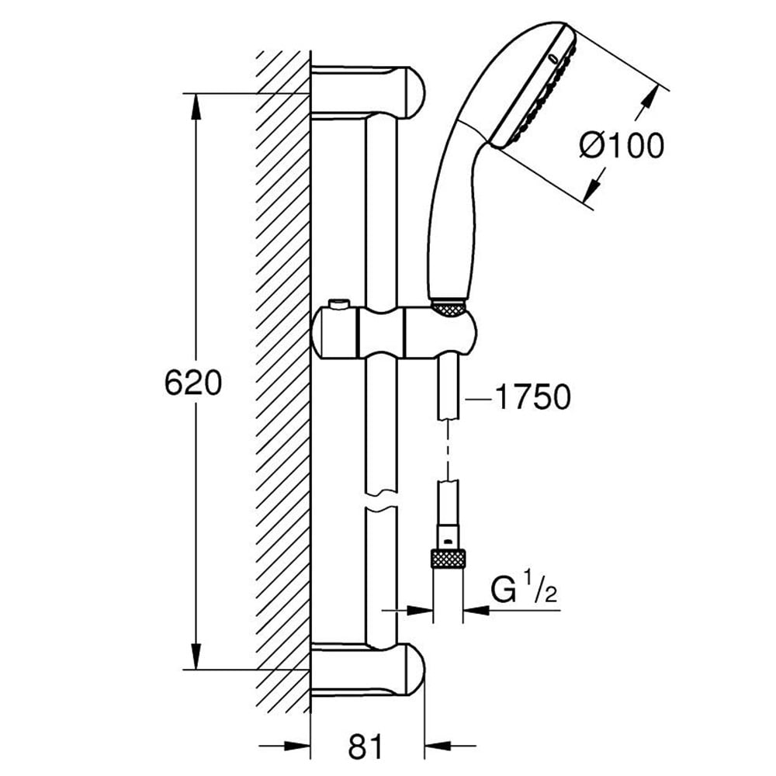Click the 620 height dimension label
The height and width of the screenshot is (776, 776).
coord(193,383)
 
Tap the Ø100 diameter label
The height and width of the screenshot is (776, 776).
coord(622,145)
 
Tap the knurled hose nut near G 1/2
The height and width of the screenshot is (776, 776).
coord(448,558)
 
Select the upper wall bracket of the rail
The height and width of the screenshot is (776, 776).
coord(368,90)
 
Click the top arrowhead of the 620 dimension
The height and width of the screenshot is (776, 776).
coord(194,104)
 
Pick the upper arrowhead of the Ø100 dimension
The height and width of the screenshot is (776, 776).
coord(649,102)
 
